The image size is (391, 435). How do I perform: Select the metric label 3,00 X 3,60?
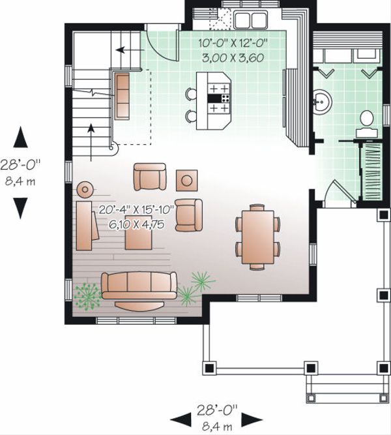tap(233, 57)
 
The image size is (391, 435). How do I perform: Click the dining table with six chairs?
tap(258, 235)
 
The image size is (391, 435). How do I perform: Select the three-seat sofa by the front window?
tap(139, 285)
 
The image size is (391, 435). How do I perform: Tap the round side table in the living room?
tap(85, 190)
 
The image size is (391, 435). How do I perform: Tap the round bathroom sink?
tap(322, 102)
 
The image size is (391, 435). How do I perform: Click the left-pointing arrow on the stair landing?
tap(123, 49)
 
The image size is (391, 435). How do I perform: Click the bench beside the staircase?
tap(122, 96)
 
